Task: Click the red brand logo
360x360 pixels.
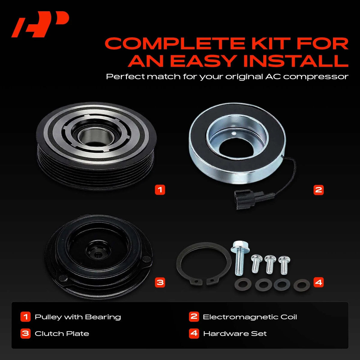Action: point(40,24)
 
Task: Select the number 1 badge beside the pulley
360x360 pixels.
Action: point(160,190)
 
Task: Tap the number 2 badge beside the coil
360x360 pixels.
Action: point(319,190)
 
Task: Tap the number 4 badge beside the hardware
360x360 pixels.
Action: point(319,282)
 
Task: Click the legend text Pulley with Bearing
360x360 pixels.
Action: point(78,317)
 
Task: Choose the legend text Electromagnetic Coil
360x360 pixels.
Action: point(250,317)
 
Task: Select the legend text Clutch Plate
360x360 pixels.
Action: point(62,334)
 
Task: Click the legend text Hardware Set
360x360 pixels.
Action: point(235,334)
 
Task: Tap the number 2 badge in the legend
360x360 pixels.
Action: point(194,316)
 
